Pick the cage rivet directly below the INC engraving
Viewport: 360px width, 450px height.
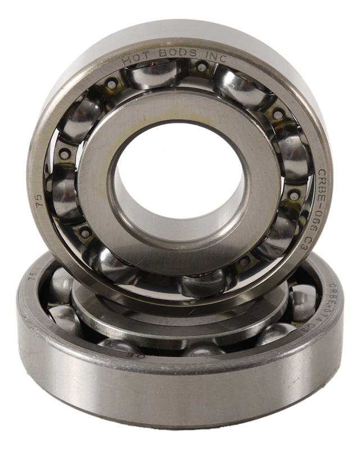click(x=201, y=67)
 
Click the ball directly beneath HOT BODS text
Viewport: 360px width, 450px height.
click(x=155, y=74)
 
